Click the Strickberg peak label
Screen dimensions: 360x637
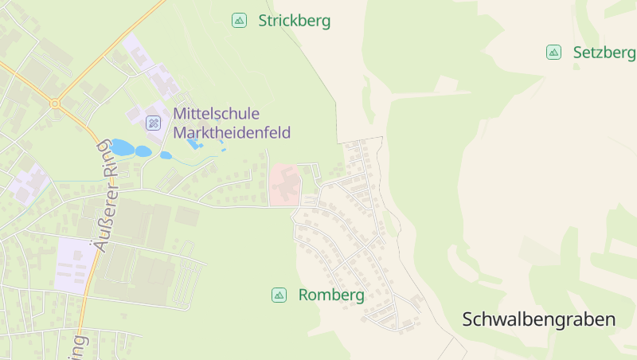coord(294,21)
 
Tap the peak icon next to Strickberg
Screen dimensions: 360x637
coord(239,21)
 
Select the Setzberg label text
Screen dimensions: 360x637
coord(604,53)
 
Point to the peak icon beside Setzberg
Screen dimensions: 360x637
coord(553,53)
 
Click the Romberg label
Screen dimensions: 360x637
coord(331,295)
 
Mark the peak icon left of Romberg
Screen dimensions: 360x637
coord(279,295)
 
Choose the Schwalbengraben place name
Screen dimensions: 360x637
coord(539,319)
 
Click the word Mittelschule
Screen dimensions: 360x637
coord(216,114)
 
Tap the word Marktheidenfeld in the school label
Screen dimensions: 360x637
coord(232,132)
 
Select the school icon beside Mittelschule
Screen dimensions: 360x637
coord(154,123)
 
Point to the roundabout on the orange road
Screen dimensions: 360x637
coord(54,104)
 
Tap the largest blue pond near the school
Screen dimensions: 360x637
coord(122,147)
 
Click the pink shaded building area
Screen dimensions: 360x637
coord(284,184)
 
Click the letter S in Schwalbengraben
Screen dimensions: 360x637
coord(469,319)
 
